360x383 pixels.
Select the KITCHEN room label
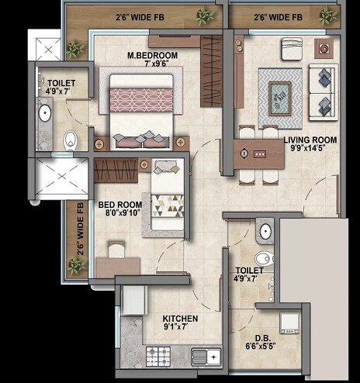180,319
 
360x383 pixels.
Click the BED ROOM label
119,206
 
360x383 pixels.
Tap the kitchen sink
206,357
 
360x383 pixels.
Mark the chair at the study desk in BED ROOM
116,250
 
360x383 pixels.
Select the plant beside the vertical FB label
76,266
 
